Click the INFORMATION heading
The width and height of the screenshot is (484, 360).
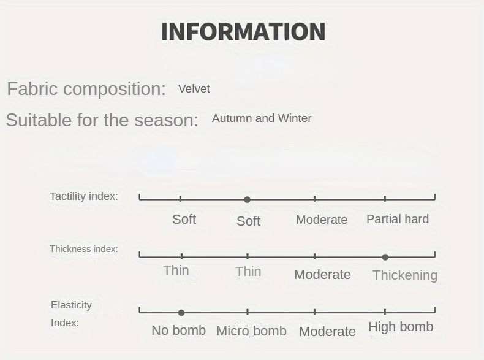(243, 31)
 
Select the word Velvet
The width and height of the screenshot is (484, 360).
(194, 89)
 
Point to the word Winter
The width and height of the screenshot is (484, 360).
(295, 118)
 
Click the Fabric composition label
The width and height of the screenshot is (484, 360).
(86, 89)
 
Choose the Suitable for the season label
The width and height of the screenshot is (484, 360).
(102, 120)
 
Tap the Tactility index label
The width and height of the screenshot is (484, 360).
(84, 196)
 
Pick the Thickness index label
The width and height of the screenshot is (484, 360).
(84, 249)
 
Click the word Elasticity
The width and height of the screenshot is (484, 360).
(71, 305)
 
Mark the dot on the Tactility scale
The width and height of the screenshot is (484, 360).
(247, 199)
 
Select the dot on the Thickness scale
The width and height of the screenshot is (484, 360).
(385, 257)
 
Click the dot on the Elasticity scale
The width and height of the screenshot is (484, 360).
(181, 313)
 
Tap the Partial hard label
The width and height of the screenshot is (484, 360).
(398, 219)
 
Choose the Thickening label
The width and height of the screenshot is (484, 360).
(405, 275)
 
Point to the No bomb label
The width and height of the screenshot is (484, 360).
(179, 331)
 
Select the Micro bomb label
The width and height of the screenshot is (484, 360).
(252, 331)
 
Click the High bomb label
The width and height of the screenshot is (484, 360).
(401, 327)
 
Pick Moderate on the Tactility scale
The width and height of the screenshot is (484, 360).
(322, 220)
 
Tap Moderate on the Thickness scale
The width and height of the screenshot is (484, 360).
(322, 274)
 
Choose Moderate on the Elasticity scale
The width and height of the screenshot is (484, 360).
(327, 332)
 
